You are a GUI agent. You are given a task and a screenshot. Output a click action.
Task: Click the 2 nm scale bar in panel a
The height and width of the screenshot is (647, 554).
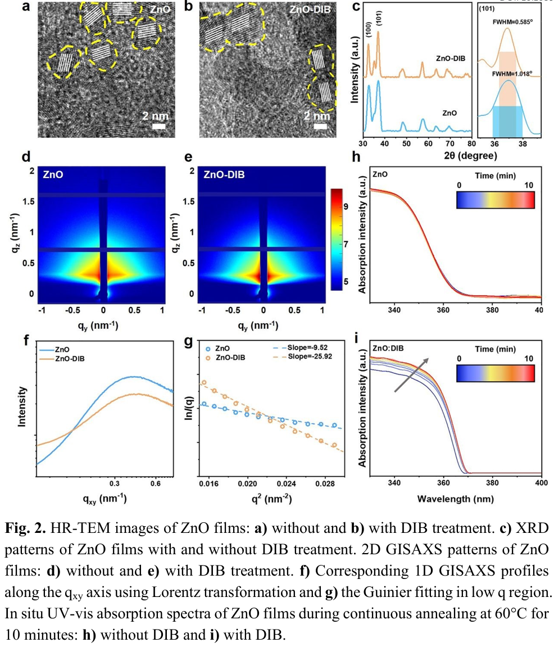tap(159, 127)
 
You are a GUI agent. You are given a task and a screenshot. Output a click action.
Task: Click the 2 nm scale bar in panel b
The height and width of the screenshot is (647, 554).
tap(320, 126)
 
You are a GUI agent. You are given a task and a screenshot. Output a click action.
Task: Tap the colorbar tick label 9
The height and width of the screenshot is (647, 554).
tap(347, 206)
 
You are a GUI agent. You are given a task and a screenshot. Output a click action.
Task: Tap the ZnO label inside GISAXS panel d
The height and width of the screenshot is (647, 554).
tap(52, 175)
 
